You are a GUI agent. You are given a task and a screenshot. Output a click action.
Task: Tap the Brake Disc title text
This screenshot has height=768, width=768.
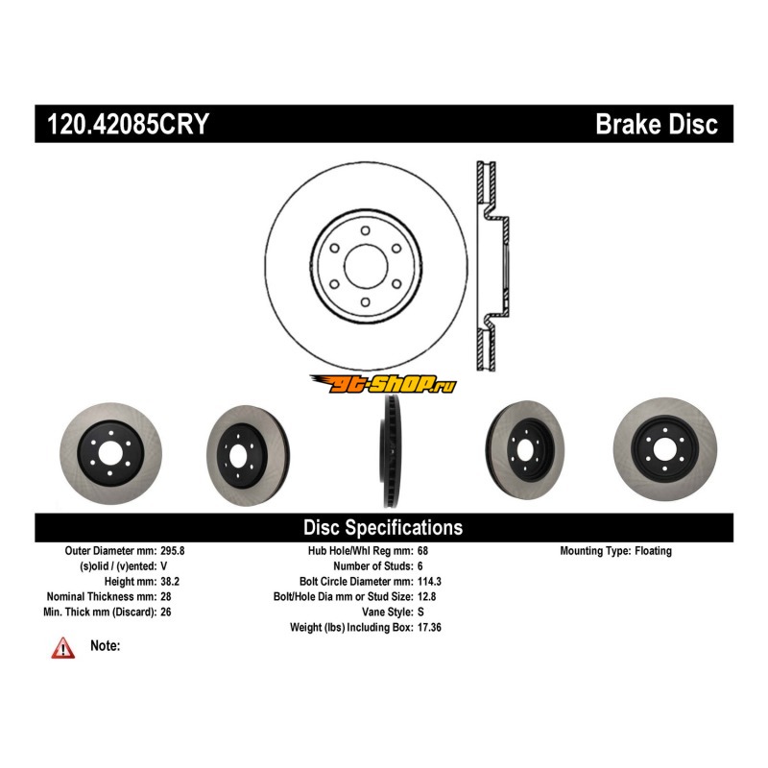657,126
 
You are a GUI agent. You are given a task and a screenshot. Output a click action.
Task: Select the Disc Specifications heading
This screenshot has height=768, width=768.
383,527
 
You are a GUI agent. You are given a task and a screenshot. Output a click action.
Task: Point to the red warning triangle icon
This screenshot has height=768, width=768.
63,649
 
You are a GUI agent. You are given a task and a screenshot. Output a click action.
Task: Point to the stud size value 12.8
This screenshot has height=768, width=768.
429,596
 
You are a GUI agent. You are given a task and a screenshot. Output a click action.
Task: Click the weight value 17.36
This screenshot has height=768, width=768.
432,627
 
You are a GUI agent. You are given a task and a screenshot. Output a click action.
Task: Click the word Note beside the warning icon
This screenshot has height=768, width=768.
106,646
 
